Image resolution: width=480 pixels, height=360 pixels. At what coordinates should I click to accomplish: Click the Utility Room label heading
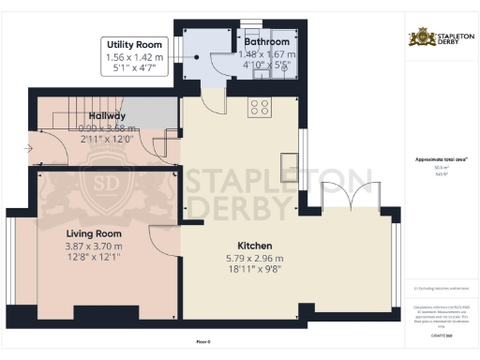pos(135,44)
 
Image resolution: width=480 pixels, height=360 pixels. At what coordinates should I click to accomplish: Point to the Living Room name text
pos(94,232)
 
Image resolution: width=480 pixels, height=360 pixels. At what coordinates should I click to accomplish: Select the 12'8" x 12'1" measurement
pos(94,259)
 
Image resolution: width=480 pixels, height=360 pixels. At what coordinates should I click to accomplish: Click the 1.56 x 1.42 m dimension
pos(135,56)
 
